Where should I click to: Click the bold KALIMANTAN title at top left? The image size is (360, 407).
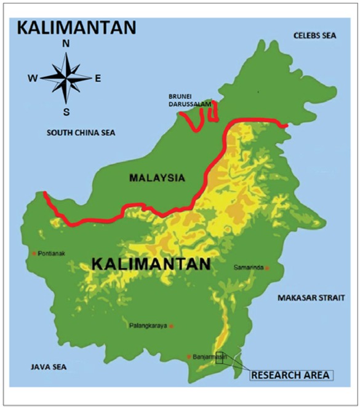pyautogui.click(x=76, y=28)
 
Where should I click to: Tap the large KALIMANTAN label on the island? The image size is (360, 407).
pyautogui.click(x=151, y=264)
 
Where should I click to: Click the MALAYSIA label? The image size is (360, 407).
pyautogui.click(x=157, y=178)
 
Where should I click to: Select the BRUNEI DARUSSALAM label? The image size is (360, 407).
pyautogui.click(x=190, y=101)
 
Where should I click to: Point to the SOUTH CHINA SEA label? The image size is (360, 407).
pyautogui.click(x=81, y=132)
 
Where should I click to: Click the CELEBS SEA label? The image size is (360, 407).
pyautogui.click(x=314, y=36)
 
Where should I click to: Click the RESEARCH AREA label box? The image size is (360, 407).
pyautogui.click(x=290, y=374)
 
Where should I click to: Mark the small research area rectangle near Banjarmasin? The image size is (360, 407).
pyautogui.click(x=219, y=358)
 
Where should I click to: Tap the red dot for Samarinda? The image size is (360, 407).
pyautogui.click(x=267, y=268)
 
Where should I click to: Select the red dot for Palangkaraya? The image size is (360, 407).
pyautogui.click(x=172, y=326)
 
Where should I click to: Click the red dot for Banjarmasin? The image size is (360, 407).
pyautogui.click(x=189, y=356)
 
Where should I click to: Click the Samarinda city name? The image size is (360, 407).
pyautogui.click(x=249, y=268)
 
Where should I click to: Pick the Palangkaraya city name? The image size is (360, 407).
pyautogui.click(x=148, y=326)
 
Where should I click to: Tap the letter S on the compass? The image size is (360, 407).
pyautogui.click(x=66, y=111)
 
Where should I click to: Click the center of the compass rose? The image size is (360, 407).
pyautogui.click(x=66, y=77)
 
